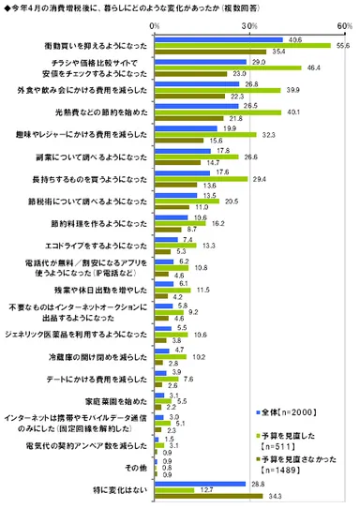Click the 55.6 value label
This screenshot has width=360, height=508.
pyautogui.click(x=344, y=45)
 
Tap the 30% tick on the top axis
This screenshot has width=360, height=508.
pyautogui.click(x=250, y=27)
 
